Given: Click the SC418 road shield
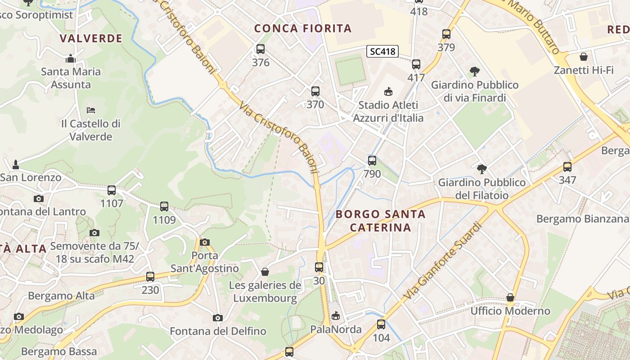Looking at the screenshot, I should pos(382,51).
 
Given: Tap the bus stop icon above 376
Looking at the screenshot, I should pos(261,49).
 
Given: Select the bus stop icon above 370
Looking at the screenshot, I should pos(315,91).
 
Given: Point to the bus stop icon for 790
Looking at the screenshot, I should pos(372,160).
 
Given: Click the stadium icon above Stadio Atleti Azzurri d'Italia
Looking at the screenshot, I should pos(388,92).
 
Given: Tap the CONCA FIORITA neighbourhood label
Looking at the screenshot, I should pos(303,28).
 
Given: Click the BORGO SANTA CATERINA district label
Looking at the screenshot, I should pos(380,220).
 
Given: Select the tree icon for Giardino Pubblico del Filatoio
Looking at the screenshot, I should pos(482,169).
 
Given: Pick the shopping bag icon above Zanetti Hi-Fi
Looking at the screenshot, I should pos(584,57).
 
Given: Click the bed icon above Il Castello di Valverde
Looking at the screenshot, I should pos(91,110).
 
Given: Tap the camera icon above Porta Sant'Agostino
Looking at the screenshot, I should pos(205,242).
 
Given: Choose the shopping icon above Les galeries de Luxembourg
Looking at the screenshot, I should pos(265,272).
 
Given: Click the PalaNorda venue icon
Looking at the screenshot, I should pos(336,316).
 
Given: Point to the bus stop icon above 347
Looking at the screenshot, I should pos(567,167).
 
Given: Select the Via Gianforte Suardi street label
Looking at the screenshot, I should pos(443,262).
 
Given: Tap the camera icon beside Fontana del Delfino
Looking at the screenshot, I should pos(218,318).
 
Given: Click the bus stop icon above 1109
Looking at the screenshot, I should pos(164,207).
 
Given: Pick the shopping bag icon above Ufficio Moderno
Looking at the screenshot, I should pos(510,297).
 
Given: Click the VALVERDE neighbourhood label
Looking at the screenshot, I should pos(91,38).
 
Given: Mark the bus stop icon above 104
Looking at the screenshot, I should pos(381,324).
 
